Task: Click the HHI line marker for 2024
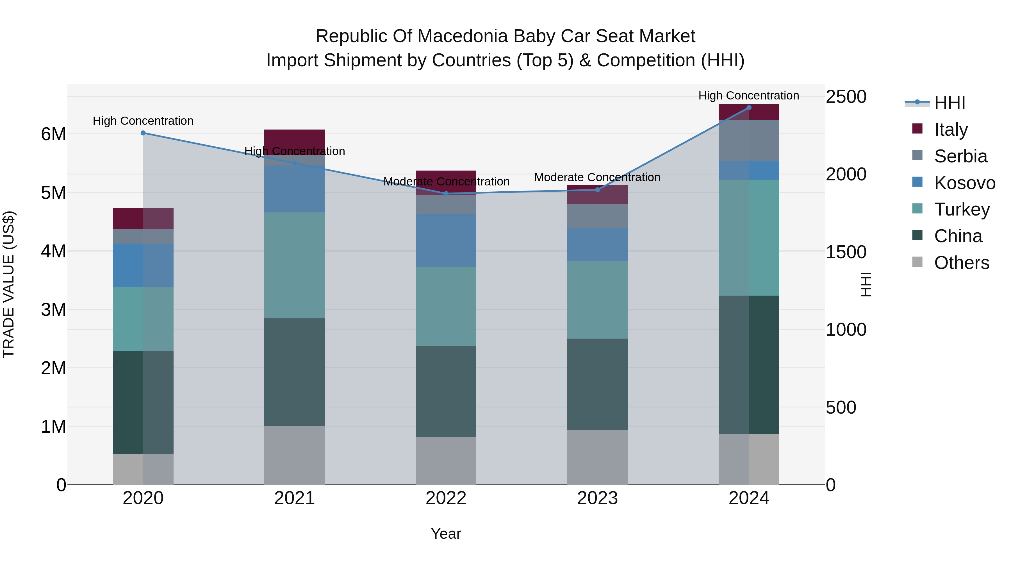pos(748,108)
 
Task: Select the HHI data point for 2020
pos(143,133)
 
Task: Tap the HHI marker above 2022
pos(446,194)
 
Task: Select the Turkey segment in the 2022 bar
pos(446,306)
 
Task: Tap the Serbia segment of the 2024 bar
pos(748,140)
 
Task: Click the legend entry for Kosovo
pos(964,183)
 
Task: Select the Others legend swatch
pos(917,262)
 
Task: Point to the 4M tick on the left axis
pos(53,251)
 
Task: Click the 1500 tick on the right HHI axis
pos(846,252)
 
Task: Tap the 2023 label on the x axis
pos(597,498)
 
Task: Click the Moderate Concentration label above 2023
pos(597,178)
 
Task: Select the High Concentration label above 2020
pos(143,121)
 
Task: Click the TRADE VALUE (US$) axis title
pos(9,284)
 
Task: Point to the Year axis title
pos(446,534)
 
